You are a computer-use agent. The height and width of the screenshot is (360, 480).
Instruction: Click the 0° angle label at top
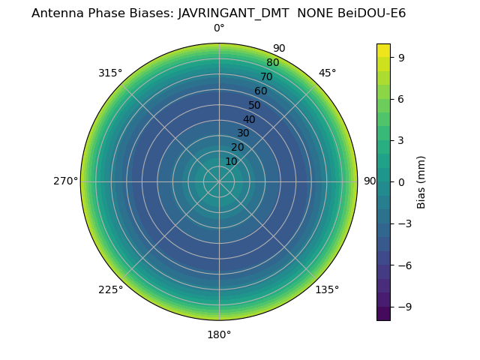219,28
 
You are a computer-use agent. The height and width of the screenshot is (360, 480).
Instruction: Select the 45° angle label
327,73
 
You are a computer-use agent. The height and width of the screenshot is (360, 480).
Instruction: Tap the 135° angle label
327,289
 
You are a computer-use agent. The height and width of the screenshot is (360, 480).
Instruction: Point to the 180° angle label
219,334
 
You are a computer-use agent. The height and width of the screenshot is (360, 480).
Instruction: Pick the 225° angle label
110,289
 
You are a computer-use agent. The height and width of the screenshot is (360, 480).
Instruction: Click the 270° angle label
65,181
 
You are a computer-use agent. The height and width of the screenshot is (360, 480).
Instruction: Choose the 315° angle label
110,73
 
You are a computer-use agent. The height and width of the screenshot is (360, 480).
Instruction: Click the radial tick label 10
231,161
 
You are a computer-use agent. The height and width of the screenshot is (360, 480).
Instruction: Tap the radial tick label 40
249,119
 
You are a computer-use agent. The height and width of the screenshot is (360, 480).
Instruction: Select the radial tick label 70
266,76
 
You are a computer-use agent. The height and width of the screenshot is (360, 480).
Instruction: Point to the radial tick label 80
272,63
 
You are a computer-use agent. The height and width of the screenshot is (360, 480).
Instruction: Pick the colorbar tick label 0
402,182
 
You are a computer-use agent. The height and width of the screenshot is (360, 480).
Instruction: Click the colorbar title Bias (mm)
421,182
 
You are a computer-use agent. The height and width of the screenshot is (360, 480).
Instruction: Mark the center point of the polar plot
219,181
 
